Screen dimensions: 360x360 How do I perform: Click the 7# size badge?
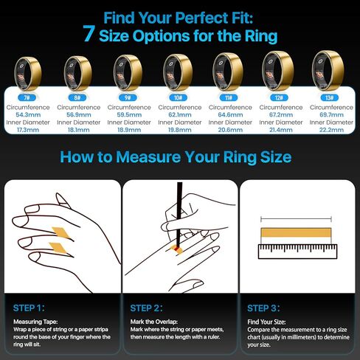(27, 97)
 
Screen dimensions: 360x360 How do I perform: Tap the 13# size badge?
(330, 97)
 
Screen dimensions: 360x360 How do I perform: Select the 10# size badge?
(179, 97)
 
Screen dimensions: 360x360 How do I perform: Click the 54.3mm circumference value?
(28, 115)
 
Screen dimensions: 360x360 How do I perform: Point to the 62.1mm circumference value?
(180, 115)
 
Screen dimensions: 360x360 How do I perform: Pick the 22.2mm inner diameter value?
(331, 130)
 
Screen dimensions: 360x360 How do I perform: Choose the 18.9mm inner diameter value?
(129, 130)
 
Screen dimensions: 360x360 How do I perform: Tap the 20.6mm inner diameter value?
(230, 130)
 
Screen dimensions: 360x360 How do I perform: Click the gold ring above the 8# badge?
(77, 73)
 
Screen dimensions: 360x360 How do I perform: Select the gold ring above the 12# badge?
(278, 71)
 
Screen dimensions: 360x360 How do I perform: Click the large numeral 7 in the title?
(89, 34)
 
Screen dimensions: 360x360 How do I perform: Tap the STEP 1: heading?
(29, 308)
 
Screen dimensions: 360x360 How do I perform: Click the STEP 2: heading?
(146, 308)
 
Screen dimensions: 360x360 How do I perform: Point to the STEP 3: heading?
(263, 308)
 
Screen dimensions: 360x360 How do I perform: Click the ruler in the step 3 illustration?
(297, 252)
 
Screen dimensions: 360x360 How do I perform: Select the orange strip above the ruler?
(296, 232)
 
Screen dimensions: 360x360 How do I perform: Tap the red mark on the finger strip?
(176, 249)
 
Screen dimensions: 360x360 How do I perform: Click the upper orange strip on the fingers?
(61, 232)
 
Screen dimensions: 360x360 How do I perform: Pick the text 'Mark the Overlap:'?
(154, 322)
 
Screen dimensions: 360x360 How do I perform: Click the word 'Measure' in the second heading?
(148, 157)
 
